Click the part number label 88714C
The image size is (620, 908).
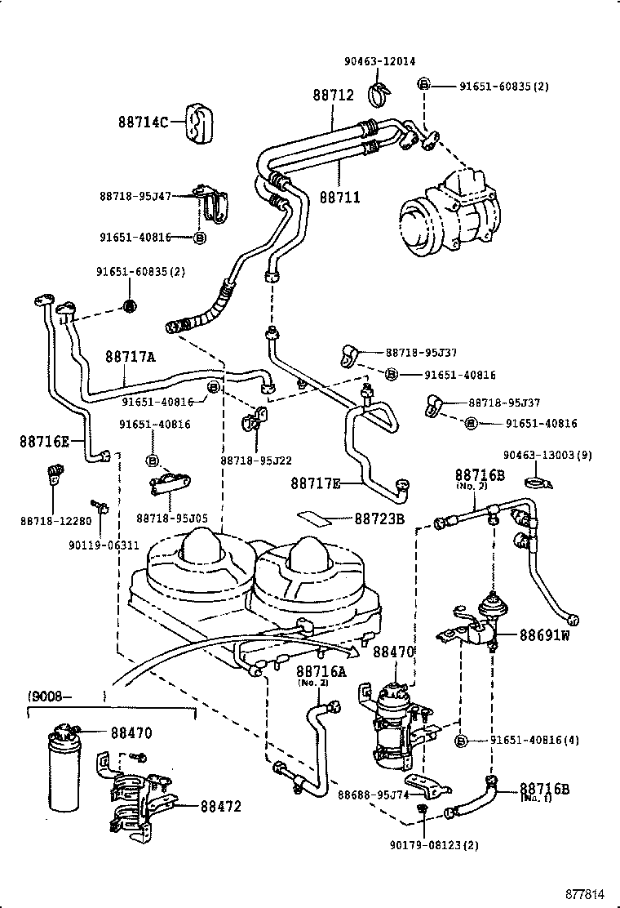[x=143, y=122]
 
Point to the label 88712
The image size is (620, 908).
[x=333, y=96]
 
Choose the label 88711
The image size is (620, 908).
[x=339, y=197]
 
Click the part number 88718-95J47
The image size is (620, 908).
[x=135, y=196]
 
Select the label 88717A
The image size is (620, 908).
[x=130, y=357]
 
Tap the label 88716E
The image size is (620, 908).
[x=45, y=442]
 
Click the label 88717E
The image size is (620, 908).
[x=316, y=483]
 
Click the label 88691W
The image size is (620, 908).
[x=543, y=636]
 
